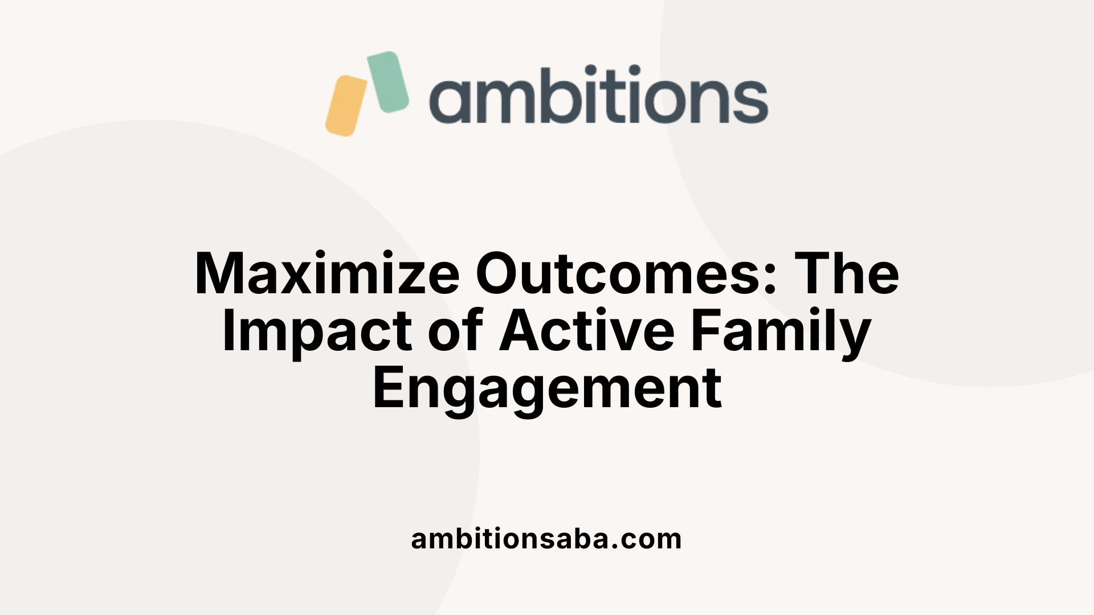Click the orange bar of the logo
click(x=346, y=106)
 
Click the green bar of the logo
click(x=387, y=81)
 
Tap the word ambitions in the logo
click(x=598, y=95)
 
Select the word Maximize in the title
click(x=327, y=274)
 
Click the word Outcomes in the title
click(x=619, y=274)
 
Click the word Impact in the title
click(x=317, y=333)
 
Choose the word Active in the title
click(x=587, y=333)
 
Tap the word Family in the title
click(x=781, y=333)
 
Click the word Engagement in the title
click(x=547, y=389)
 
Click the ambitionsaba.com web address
click(x=546, y=539)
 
